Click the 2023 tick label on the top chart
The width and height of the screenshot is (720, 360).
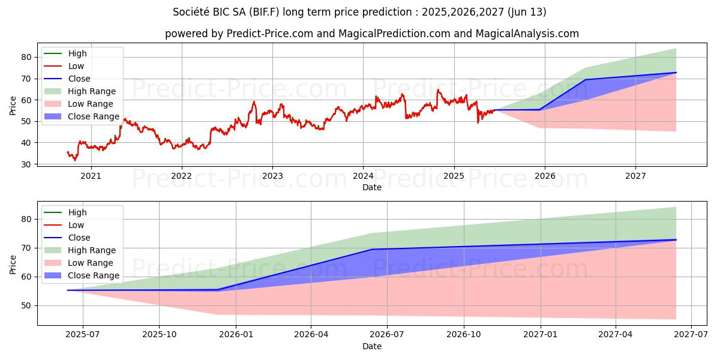272,176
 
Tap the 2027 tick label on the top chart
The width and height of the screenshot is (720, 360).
635,176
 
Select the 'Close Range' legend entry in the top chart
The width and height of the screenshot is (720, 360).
94,116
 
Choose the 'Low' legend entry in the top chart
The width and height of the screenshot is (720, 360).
76,66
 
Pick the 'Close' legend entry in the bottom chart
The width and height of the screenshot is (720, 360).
79,238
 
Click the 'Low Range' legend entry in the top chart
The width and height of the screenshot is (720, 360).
91,104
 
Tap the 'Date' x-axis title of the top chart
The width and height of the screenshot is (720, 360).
372,187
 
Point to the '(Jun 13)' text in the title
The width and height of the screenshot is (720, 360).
526,12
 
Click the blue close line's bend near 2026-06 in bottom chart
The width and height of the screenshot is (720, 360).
372,249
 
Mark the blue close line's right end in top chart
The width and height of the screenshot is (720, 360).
676,73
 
